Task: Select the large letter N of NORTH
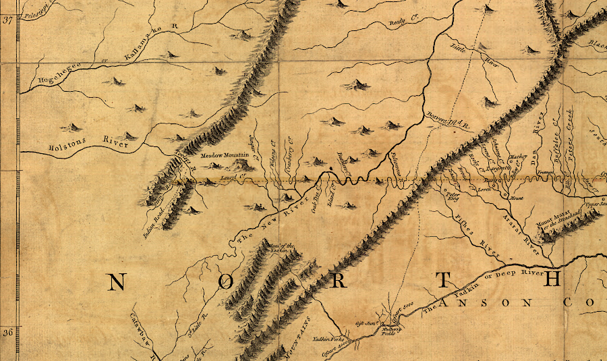pos(116,283)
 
